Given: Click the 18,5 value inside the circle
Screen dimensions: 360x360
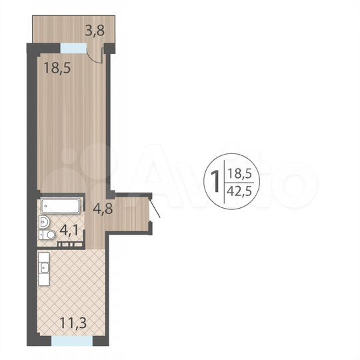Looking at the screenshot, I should pyautogui.click(x=240, y=173).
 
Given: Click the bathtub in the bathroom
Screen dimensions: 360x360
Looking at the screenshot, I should pyautogui.click(x=60, y=206).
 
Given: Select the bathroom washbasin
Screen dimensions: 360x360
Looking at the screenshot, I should pyautogui.click(x=45, y=222).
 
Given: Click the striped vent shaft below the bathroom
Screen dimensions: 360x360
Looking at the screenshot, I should pyautogui.click(x=65, y=245).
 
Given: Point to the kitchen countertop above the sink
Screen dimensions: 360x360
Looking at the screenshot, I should pyautogui.click(x=43, y=256).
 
